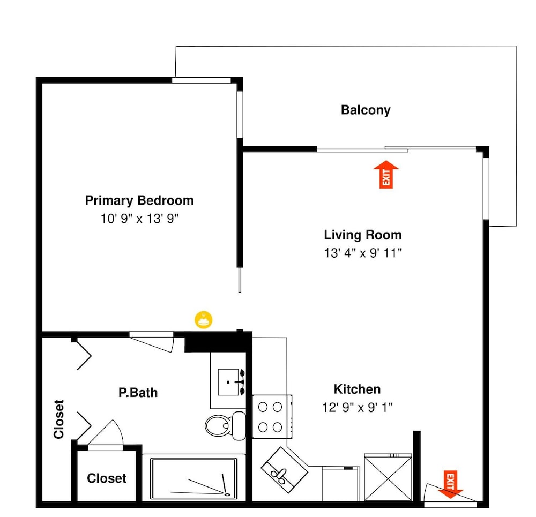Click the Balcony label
[366, 110]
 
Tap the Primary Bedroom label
[139, 200]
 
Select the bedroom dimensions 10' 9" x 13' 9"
[139, 219]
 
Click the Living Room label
[363, 235]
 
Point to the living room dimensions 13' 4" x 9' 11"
[363, 253]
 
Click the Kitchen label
[357, 389]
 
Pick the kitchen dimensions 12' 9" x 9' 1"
[357, 407]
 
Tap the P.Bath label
[138, 393]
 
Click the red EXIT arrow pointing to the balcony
[386, 174]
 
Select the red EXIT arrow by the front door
[450, 484]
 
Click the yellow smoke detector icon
[203, 320]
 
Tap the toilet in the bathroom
[226, 425]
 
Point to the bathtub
[194, 478]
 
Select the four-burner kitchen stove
[272, 416]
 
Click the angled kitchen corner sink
[285, 470]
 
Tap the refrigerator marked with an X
[388, 477]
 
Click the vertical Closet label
[59, 419]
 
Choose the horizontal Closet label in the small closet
[107, 478]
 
